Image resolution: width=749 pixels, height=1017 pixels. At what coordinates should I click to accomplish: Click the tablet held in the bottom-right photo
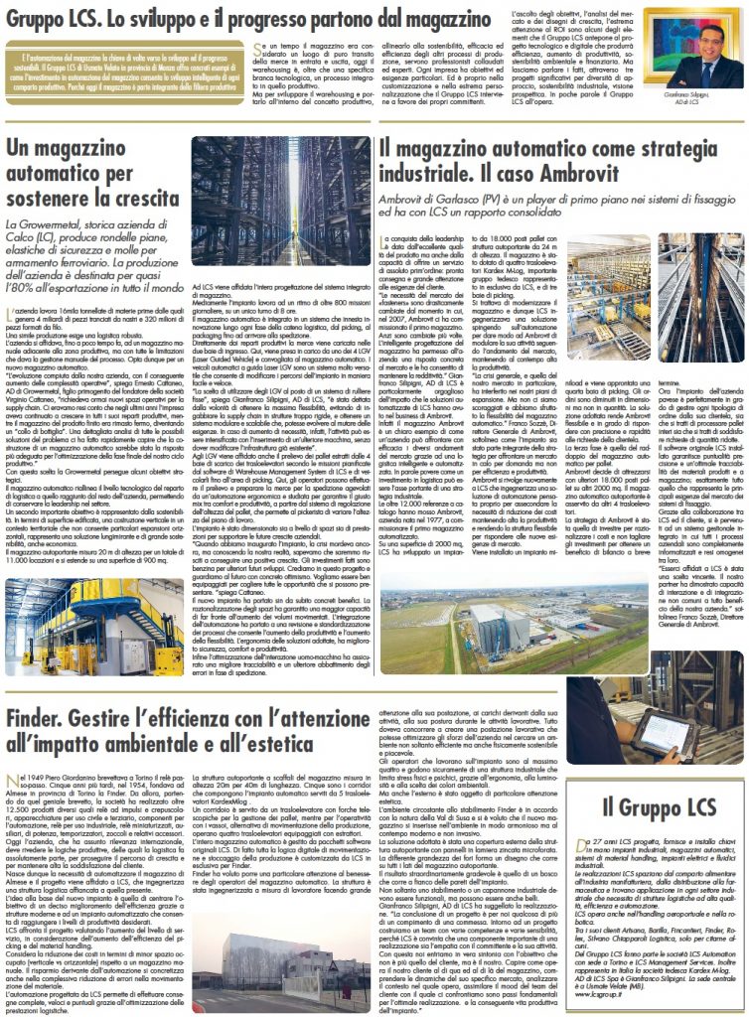pyautogui.click(x=663, y=733)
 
